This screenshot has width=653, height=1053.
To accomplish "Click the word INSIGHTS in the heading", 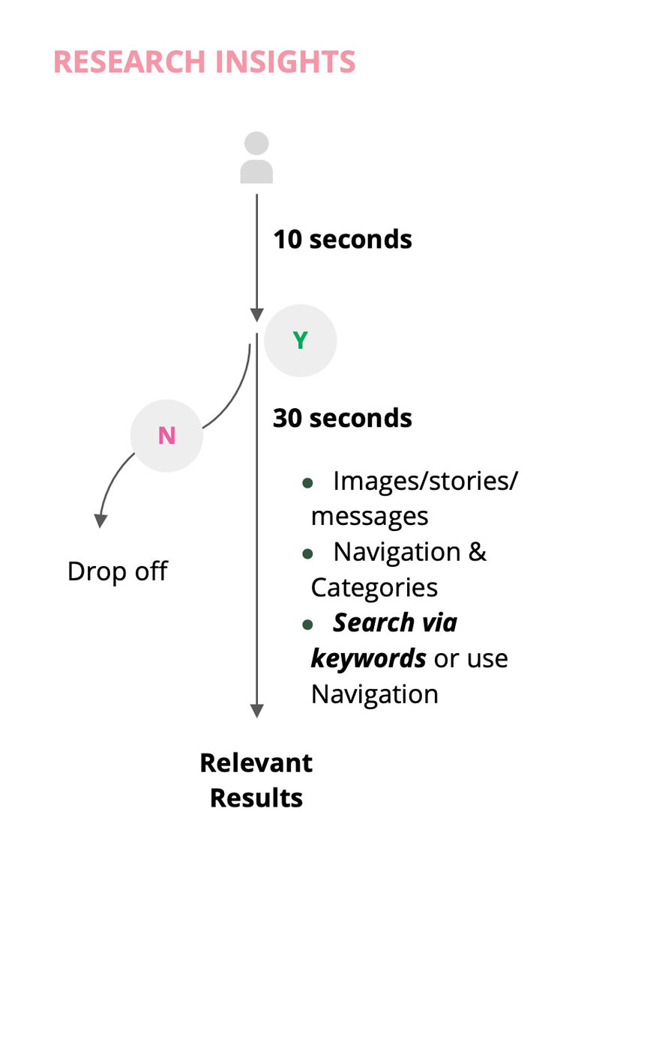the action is [x=285, y=61].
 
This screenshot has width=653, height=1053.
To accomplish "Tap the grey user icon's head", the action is [x=256, y=143].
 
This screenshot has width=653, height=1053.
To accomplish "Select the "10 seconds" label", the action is [x=343, y=239].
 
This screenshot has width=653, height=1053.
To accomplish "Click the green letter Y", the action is [x=300, y=340].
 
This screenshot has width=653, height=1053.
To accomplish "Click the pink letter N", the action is [x=166, y=436].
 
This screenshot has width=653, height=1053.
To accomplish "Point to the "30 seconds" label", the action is [x=343, y=418].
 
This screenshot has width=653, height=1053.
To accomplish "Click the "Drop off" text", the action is [x=118, y=571].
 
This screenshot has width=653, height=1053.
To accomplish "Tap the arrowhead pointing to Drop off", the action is [x=100, y=521].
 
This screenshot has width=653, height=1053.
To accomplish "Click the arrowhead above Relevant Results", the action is [x=256, y=711].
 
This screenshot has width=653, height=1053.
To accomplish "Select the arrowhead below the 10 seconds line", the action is [x=256, y=315].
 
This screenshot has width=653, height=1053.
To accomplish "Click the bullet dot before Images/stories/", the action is [x=307, y=483].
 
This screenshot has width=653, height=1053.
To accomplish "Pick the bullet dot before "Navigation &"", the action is [x=307, y=553].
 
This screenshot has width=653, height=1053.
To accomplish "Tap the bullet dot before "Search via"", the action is [x=307, y=625].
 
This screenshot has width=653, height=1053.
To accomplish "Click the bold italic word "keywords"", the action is [x=368, y=658].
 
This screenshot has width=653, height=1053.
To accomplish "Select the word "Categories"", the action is [x=375, y=588].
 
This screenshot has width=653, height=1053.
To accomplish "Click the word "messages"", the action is [x=370, y=517].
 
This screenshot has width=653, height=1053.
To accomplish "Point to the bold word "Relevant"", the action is [x=256, y=763].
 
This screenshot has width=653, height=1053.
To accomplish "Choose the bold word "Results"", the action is [x=256, y=798].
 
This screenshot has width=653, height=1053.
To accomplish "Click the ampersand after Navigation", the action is [x=477, y=552].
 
